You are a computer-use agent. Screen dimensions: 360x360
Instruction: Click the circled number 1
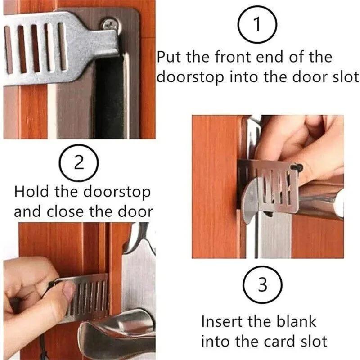click(257, 26)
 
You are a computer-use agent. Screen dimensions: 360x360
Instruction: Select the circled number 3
click(262, 285)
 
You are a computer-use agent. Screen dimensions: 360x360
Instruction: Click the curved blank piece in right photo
click(250, 196)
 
